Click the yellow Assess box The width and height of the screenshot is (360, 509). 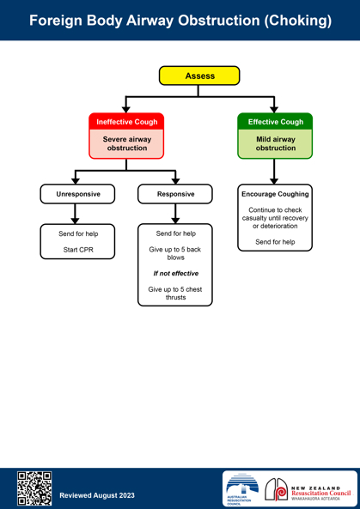tap(199, 76)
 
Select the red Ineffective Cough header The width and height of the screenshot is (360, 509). tap(126, 122)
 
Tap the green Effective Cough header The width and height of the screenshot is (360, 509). tap(275, 122)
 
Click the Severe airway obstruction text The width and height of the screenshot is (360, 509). tap(126, 143)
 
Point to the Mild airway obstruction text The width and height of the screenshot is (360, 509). tap(276, 143)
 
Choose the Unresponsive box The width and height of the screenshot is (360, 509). tap(77, 194)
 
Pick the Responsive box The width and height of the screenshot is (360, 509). tap(175, 194)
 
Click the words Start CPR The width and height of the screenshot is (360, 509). tap(78, 250)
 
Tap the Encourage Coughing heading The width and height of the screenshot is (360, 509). tap(275, 194)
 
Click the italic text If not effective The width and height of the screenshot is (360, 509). tap(176, 273)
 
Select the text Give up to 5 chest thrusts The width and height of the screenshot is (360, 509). tap(175, 294)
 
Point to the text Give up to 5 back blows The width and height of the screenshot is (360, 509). tap(175, 253)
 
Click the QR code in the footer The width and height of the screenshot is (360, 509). tap(34, 488)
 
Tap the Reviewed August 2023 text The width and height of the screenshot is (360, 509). tap(97, 495)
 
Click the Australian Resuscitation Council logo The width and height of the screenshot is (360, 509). tap(242, 489)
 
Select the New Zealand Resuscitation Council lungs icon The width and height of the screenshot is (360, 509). tap(276, 489)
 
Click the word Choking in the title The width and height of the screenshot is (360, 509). tap(298, 21)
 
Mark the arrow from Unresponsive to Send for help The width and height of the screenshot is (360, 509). tap(76, 214)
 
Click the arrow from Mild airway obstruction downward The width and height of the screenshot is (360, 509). tap(274, 172)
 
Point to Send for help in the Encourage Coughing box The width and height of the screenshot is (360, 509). tap(275, 242)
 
